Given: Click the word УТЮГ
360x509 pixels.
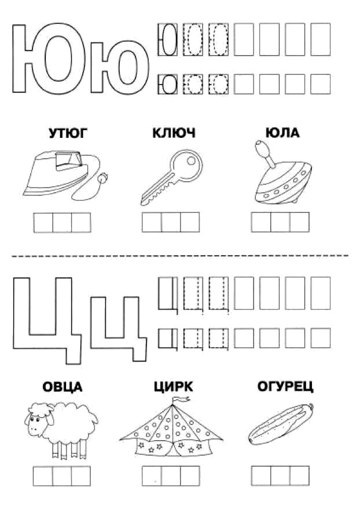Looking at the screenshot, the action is pyautogui.click(x=68, y=133).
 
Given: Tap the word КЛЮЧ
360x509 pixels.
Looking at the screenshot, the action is pyautogui.click(x=174, y=133).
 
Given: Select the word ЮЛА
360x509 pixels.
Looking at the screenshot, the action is pyautogui.click(x=282, y=133).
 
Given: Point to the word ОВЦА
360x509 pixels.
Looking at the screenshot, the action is pyautogui.click(x=63, y=387).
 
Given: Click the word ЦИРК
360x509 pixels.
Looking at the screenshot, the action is pyautogui.click(x=174, y=387).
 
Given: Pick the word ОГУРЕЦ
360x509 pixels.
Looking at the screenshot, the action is pyautogui.click(x=285, y=387).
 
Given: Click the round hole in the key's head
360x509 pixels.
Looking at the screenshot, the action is pyautogui.click(x=192, y=160).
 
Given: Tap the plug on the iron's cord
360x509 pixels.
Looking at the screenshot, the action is pyautogui.click(x=104, y=178).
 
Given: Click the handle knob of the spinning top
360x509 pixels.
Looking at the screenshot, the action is pyautogui.click(x=262, y=148).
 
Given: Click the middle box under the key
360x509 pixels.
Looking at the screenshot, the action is pyautogui.click(x=171, y=222).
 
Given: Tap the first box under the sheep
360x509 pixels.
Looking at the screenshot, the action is pyautogui.click(x=43, y=476).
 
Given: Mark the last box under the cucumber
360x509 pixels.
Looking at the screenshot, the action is pyautogui.click(x=299, y=476).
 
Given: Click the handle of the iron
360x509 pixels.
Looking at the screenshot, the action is pyautogui.click(x=68, y=160).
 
